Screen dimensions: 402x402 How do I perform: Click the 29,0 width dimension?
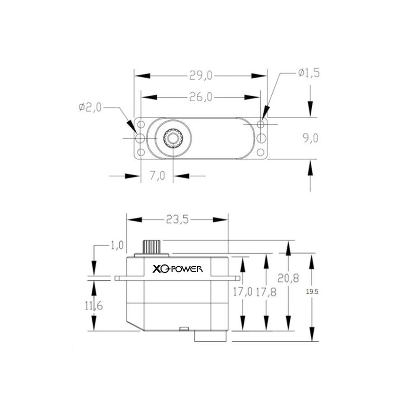[201, 76]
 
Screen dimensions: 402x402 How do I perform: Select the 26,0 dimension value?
[201, 98]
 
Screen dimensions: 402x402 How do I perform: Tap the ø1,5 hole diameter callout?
[309, 73]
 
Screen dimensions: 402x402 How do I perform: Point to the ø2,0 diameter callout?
[90, 107]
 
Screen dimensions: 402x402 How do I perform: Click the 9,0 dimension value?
[310, 139]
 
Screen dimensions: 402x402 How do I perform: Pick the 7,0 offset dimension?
[157, 176]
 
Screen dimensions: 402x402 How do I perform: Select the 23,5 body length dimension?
[178, 219]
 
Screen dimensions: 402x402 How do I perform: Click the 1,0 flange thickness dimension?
[117, 245]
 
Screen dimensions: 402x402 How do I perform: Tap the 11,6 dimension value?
[94, 306]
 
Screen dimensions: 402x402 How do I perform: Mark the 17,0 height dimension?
[242, 292]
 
